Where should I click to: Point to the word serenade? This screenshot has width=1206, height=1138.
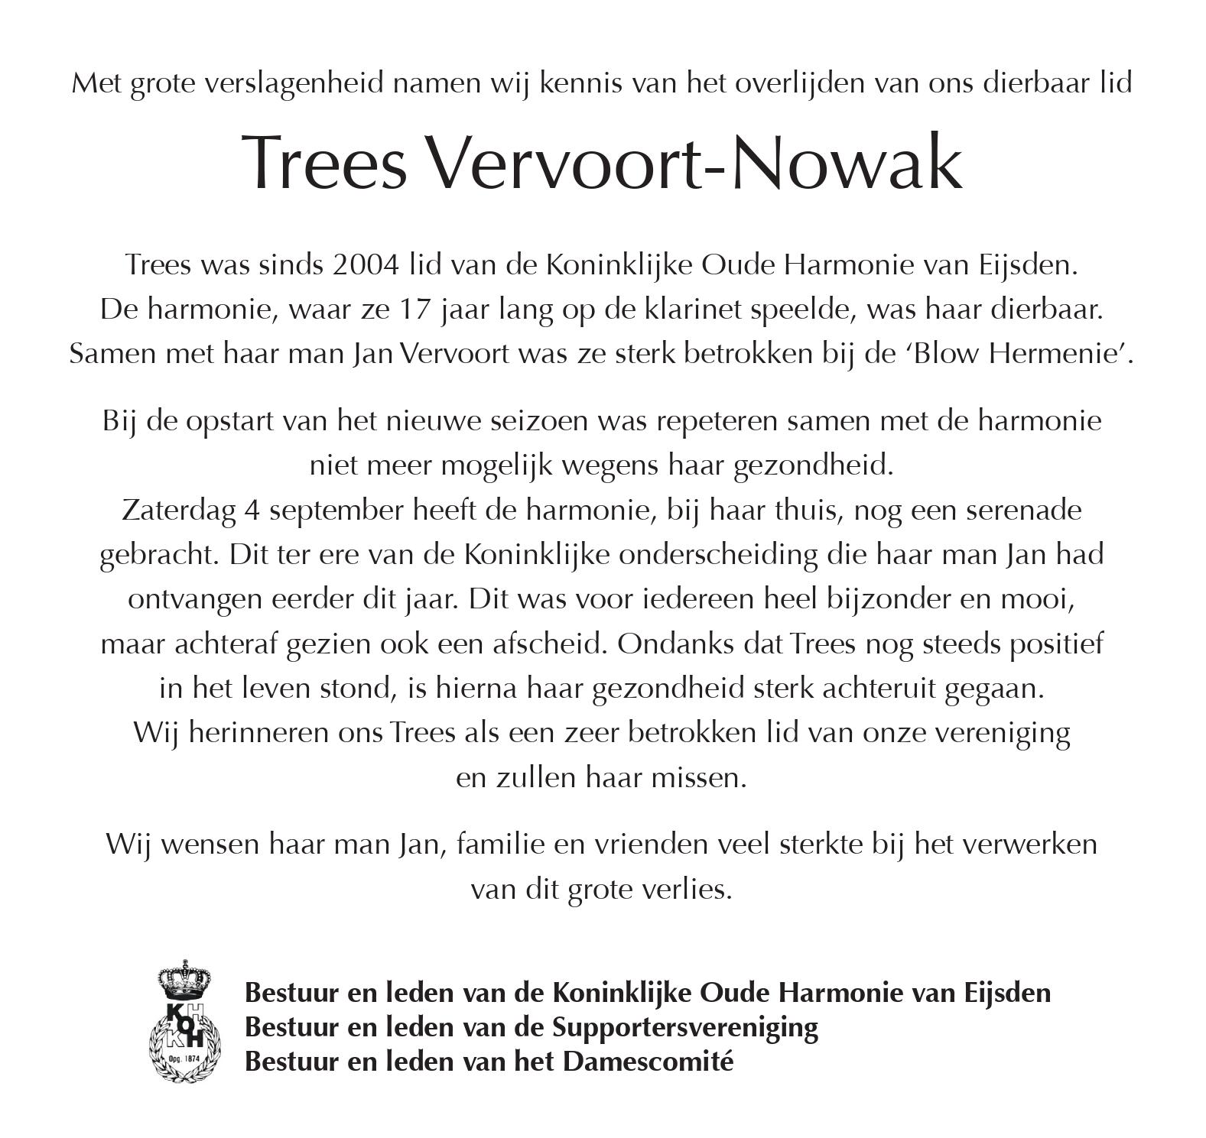tap(1023, 511)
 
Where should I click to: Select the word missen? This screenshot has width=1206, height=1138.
tap(698, 778)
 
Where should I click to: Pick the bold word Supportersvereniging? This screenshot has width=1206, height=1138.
tap(684, 1027)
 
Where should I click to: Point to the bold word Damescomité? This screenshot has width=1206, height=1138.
tap(649, 1062)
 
